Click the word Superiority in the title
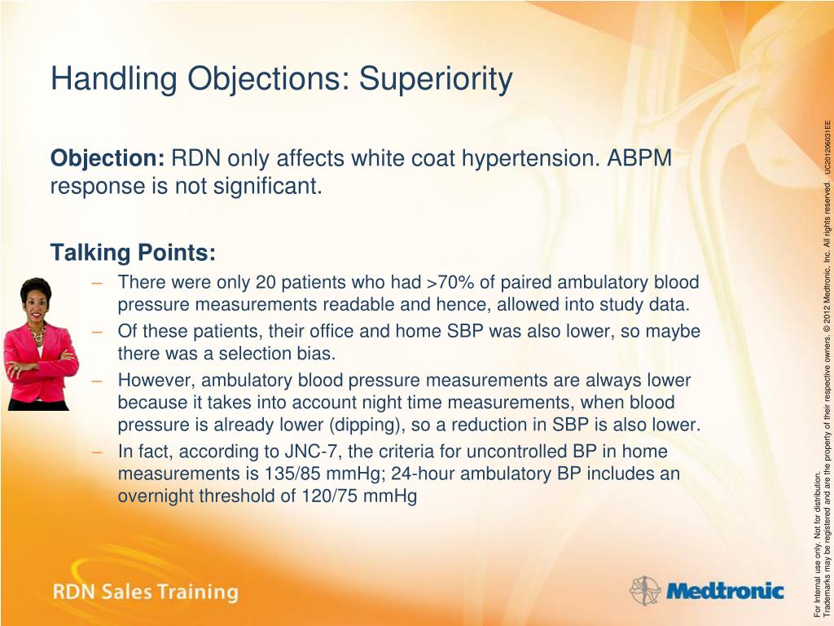436,79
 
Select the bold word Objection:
108,159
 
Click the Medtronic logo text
725,592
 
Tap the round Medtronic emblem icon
645,590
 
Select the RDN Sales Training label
145,593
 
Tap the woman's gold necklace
37,333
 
